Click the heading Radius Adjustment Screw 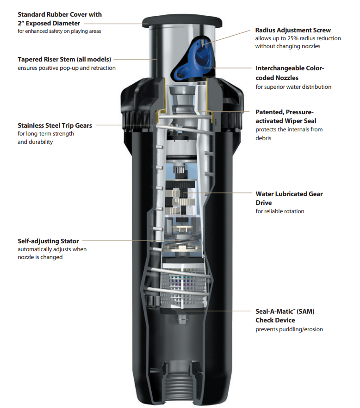[x=293, y=30]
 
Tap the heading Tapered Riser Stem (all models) [x=64, y=59]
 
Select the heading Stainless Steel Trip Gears [x=55, y=125]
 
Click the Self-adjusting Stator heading [x=48, y=241]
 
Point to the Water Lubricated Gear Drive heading [x=289, y=198]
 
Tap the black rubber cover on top [x=182, y=22]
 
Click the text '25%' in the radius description [x=293, y=38]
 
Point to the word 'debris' [x=263, y=138]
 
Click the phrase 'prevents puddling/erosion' [x=289, y=329]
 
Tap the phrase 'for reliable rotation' [x=280, y=211]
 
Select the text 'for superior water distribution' [x=293, y=87]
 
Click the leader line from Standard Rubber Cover [x=116, y=24]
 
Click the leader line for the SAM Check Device [x=217, y=311]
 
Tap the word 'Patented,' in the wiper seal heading [x=269, y=112]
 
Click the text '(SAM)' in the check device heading [x=305, y=311]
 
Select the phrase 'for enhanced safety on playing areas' [x=59, y=31]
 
